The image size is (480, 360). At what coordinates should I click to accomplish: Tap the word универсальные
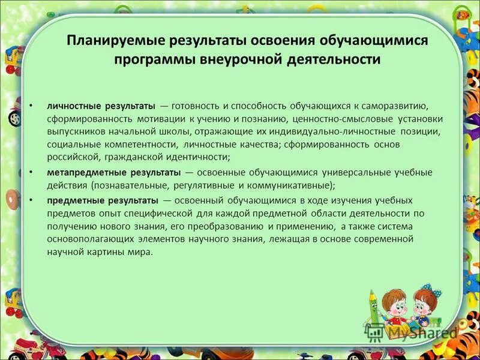click(348, 172)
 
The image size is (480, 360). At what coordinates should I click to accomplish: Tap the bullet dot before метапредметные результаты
click(31, 172)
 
